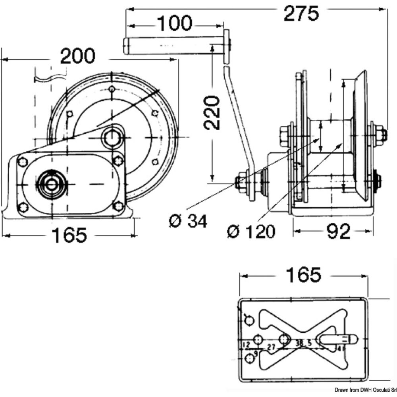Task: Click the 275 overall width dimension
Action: [302, 14]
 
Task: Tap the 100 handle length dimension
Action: [175, 24]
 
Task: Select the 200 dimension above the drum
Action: [78, 56]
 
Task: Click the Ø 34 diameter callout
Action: [188, 221]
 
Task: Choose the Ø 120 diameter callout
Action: [251, 231]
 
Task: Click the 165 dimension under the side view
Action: [69, 235]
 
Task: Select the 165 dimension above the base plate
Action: [304, 275]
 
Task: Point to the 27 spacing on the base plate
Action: [271, 346]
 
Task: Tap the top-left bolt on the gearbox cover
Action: [22, 162]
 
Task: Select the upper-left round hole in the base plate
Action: [249, 320]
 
